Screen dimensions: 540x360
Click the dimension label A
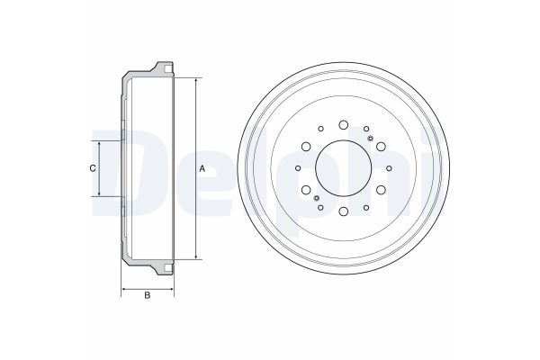(x=202, y=169)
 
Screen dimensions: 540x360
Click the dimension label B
(x=148, y=295)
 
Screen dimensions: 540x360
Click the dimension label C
(x=93, y=168)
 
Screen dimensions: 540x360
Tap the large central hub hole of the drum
(x=344, y=168)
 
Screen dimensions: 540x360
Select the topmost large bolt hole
(x=343, y=125)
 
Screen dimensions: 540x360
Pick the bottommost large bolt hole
(x=343, y=211)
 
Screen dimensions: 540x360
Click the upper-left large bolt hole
(x=306, y=147)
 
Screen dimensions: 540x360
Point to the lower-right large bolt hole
(x=381, y=190)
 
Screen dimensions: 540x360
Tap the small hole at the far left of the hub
(x=298, y=168)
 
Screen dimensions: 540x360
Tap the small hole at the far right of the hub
(x=389, y=168)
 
